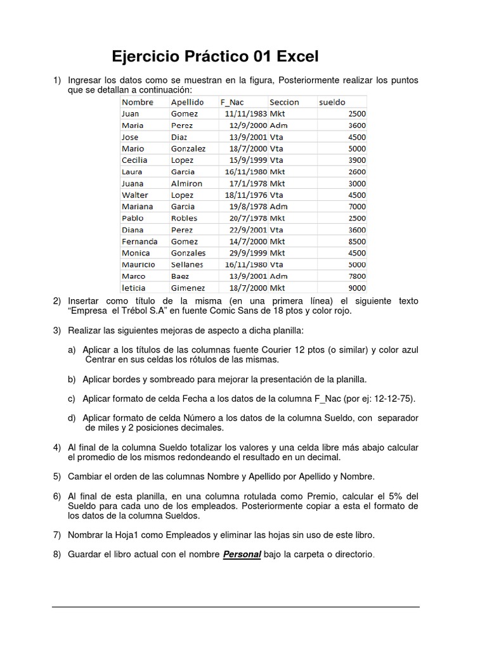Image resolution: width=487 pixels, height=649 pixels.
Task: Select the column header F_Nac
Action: point(231,102)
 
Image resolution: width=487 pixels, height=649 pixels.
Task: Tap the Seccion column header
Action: point(283,102)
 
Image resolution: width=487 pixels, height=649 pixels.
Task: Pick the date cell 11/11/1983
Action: point(246,114)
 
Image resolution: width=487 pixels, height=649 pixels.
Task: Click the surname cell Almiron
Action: point(186,184)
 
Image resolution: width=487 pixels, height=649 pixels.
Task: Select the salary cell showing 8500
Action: point(357,241)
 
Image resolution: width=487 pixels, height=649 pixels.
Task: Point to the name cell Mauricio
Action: point(138,265)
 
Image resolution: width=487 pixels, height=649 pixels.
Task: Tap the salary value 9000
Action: point(357,288)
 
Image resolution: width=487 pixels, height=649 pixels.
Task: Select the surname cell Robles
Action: point(184,219)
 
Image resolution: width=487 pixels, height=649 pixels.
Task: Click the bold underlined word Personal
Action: point(242,555)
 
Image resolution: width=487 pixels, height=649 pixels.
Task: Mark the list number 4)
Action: point(57,447)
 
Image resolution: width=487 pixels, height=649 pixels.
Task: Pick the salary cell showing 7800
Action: point(357,276)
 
